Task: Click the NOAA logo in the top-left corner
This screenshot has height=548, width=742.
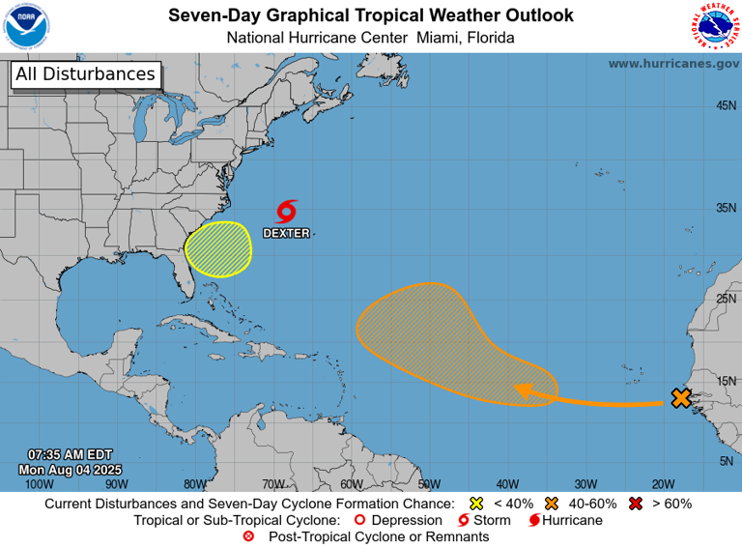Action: pyautogui.click(x=26, y=26)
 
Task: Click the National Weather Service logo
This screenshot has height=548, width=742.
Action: pyautogui.click(x=715, y=26)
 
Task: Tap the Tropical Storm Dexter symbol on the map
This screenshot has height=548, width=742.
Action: pyautogui.click(x=287, y=212)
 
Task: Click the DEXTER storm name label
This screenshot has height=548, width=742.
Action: pyautogui.click(x=287, y=233)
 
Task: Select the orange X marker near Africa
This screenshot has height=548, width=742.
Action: pyautogui.click(x=681, y=397)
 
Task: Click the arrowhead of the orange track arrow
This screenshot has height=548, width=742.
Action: pyautogui.click(x=524, y=389)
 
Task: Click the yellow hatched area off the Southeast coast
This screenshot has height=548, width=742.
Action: pyautogui.click(x=218, y=248)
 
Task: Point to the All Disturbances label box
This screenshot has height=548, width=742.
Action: pyautogui.click(x=85, y=74)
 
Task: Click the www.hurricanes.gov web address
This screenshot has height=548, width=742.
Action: pyautogui.click(x=672, y=63)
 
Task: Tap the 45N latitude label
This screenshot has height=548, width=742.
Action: pyautogui.click(x=726, y=105)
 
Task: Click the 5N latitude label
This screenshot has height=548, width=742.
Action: pyautogui.click(x=726, y=461)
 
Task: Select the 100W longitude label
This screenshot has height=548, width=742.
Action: pyautogui.click(x=39, y=483)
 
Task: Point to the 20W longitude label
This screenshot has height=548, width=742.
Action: pyautogui.click(x=663, y=483)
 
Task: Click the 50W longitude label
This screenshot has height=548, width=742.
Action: pyautogui.click(x=429, y=483)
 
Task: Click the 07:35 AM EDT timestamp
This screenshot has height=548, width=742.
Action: pyautogui.click(x=71, y=454)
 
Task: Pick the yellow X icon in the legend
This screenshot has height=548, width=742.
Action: pyautogui.click(x=474, y=504)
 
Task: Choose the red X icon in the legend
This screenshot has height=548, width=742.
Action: pyautogui.click(x=637, y=504)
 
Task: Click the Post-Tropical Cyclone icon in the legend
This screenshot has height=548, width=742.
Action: pyautogui.click(x=248, y=536)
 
